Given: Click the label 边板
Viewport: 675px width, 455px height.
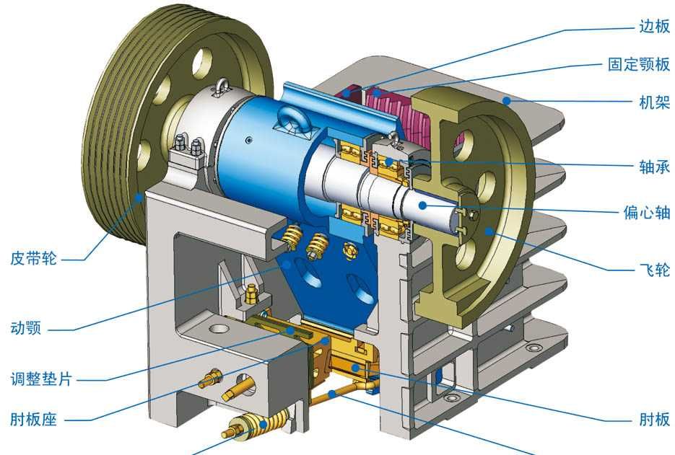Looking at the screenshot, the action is tap(654, 27).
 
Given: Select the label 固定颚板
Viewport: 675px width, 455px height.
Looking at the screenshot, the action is tap(639, 64).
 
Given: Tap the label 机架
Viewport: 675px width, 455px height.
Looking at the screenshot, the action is tap(654, 102).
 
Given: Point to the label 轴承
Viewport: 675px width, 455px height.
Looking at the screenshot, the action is tap(654, 167).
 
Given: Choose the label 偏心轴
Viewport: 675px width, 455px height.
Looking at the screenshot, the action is tap(647, 213).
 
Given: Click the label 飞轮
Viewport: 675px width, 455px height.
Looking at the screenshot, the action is tap(654, 270).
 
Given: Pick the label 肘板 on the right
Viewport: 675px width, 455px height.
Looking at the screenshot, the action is tap(654, 419).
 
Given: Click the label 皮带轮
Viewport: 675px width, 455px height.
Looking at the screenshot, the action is tap(34, 258).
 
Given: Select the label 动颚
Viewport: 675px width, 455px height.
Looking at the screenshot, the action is tap(26, 329).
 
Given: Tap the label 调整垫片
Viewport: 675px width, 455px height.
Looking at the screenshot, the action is tap(41, 379).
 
